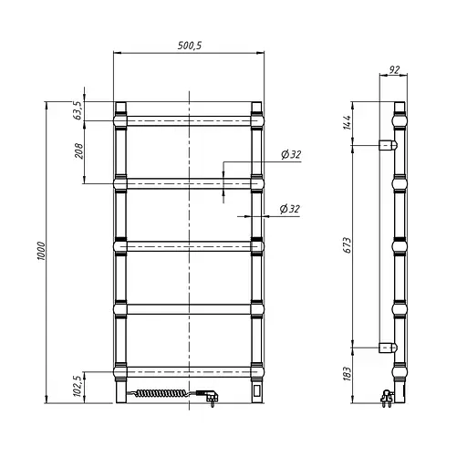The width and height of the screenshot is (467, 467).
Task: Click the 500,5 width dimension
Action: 190,46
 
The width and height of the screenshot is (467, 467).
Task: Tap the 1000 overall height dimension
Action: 41,251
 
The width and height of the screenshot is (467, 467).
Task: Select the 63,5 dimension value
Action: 78,110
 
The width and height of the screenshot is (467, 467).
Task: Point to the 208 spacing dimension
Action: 78,150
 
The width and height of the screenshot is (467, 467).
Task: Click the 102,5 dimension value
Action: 78,386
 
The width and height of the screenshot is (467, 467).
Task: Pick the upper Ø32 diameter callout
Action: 291,155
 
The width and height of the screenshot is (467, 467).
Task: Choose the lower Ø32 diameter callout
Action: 290,209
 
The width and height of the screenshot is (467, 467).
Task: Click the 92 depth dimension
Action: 394,70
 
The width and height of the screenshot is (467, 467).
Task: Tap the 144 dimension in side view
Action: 348,122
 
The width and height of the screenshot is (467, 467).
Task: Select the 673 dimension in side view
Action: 348,245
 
